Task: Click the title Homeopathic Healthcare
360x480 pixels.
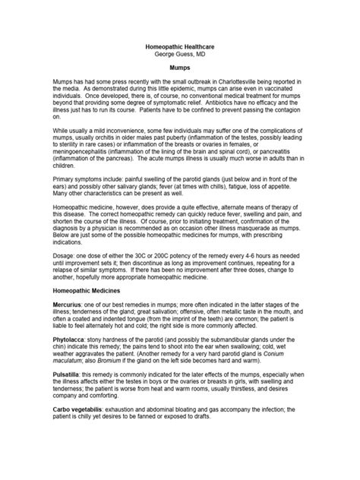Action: [179, 46]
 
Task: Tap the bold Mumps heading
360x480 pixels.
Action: [179, 67]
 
